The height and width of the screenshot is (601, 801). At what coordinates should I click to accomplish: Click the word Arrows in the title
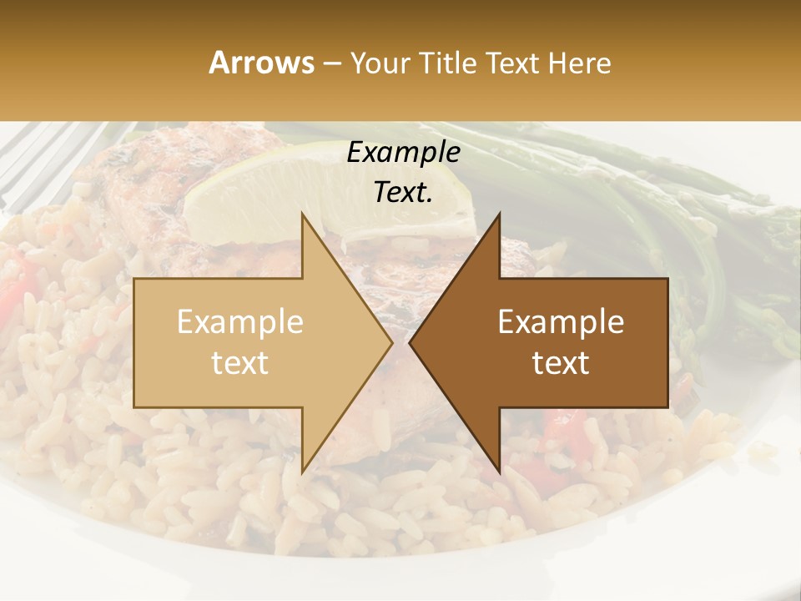(262, 63)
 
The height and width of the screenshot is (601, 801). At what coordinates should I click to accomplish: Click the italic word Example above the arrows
(404, 153)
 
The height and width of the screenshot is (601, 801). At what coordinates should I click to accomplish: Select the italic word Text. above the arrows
(404, 192)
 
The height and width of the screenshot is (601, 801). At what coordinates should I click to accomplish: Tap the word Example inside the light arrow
(240, 322)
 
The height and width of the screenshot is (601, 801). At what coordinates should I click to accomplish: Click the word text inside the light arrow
(240, 363)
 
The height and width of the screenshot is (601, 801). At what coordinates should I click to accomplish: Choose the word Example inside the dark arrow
(561, 322)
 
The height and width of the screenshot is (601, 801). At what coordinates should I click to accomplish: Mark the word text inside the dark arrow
(561, 363)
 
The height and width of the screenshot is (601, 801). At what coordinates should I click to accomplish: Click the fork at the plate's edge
(42, 159)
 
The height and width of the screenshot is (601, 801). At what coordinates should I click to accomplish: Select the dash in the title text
(332, 63)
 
